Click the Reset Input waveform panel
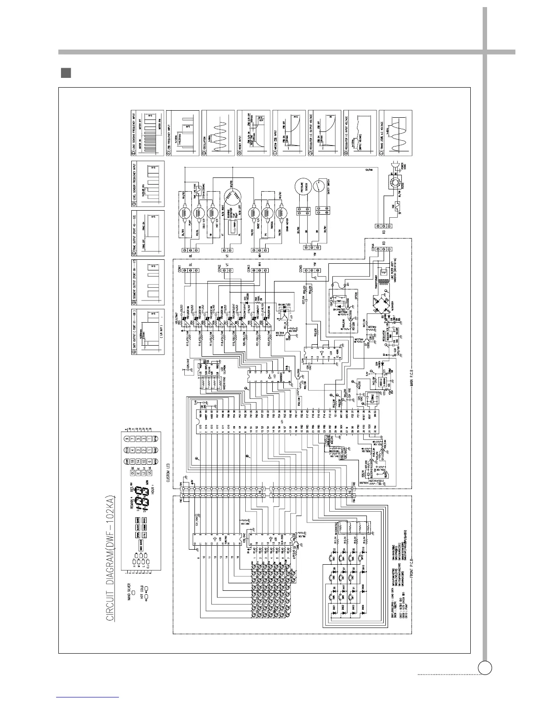click(x=253, y=133)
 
